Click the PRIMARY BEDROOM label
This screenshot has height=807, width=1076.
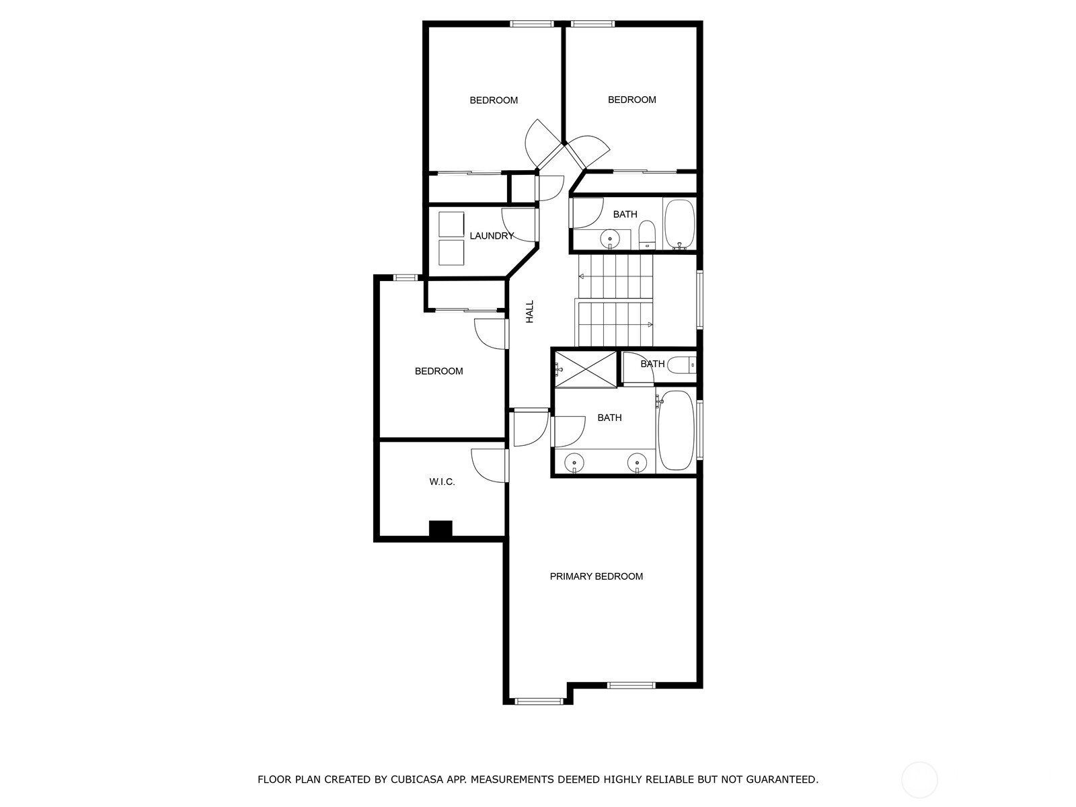point(596,577)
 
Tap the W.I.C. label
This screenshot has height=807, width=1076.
point(442,482)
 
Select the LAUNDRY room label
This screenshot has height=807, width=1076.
point(492,236)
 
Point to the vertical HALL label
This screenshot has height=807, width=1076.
point(529,311)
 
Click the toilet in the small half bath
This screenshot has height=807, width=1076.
point(681,364)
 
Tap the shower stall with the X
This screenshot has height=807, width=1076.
point(586,369)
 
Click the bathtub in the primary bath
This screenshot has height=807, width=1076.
point(675,430)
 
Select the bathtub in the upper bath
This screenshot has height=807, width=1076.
point(679,225)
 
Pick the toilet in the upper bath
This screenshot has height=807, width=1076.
point(647,235)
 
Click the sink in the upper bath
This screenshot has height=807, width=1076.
point(610,239)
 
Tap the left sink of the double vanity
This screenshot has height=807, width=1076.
point(574,463)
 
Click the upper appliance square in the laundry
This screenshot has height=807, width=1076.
point(451,225)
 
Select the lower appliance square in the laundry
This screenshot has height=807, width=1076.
point(451,252)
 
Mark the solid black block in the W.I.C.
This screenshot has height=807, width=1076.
point(440,530)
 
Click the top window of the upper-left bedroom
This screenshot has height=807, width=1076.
point(532,24)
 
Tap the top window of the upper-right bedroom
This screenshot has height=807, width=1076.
point(592,24)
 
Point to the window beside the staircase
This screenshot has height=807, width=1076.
point(700,299)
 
